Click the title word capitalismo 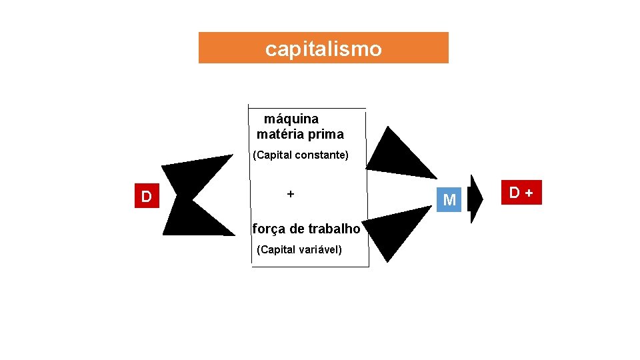coord(323,49)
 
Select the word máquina coord(291,119)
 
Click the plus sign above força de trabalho coord(290,193)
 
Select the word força coord(268,229)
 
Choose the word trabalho coord(334,229)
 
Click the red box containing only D coord(147,196)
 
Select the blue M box coord(449,199)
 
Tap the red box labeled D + coord(523,192)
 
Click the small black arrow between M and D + coord(475,199)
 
